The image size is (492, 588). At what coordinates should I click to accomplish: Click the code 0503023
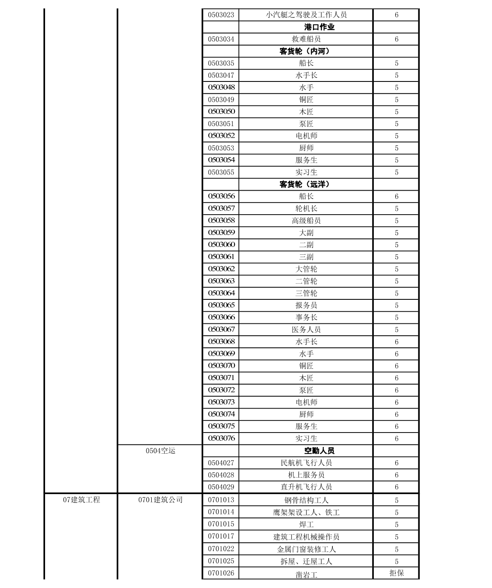(221, 15)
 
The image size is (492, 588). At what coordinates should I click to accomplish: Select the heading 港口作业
(319, 27)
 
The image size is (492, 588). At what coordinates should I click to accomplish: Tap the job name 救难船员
(306, 39)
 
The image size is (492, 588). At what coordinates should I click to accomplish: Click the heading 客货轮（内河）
(306, 51)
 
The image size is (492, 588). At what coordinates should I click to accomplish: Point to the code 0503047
(221, 75)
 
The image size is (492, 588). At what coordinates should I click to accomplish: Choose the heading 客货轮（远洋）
(306, 184)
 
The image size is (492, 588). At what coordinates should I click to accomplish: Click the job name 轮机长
(306, 208)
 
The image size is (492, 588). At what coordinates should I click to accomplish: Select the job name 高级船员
(306, 221)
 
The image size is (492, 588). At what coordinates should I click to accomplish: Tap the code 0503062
(221, 269)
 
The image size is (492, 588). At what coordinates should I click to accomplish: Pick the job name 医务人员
(306, 330)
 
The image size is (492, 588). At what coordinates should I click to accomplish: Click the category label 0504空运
(160, 451)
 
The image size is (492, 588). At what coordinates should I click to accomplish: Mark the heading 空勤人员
(319, 451)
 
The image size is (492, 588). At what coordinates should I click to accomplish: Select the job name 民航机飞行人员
(306, 463)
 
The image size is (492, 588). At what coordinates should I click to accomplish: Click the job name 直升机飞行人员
(306, 487)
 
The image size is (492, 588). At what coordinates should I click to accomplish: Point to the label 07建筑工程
(81, 500)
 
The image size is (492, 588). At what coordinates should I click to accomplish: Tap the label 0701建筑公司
(160, 500)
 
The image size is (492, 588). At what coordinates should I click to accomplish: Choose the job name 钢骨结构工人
(306, 500)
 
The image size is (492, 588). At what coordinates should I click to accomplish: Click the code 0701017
(221, 536)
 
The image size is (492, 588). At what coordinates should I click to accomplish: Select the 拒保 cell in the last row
(396, 573)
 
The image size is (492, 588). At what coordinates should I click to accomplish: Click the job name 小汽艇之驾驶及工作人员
(306, 15)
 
